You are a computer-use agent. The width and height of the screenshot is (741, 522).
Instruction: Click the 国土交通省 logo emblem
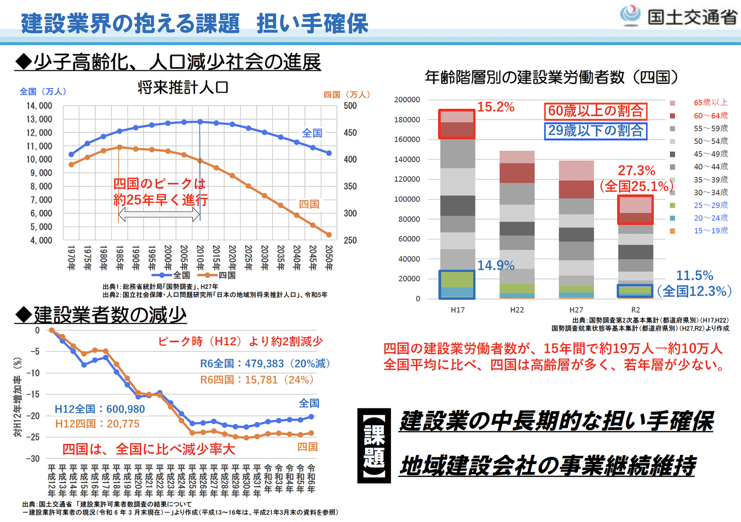(x=630, y=16)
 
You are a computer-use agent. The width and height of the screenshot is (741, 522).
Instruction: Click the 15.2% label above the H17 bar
(x=496, y=107)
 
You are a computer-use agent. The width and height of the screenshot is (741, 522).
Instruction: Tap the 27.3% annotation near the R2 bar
(x=636, y=170)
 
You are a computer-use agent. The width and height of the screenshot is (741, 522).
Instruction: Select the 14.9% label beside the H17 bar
(x=496, y=266)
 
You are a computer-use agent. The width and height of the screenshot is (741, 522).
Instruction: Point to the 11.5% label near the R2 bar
(x=694, y=275)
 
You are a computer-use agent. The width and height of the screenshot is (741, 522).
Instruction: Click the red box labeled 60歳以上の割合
(x=595, y=111)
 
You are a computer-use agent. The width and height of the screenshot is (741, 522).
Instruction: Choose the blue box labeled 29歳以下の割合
(x=595, y=131)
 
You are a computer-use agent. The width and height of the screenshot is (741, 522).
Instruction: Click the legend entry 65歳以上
(x=711, y=103)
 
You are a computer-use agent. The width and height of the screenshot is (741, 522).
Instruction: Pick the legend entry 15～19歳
(x=711, y=231)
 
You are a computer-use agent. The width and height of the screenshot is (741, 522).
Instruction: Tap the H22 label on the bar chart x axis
(x=517, y=310)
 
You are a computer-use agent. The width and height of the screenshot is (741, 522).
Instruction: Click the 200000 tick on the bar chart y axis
(x=407, y=100)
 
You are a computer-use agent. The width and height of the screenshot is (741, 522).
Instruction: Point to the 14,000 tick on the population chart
(x=40, y=106)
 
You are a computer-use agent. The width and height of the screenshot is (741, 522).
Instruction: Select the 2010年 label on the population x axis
(x=200, y=258)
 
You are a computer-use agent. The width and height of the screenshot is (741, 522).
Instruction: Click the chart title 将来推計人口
(x=183, y=87)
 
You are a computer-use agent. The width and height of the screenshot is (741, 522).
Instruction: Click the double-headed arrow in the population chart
(x=159, y=214)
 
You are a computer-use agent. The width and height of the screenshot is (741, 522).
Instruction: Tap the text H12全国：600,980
(x=100, y=409)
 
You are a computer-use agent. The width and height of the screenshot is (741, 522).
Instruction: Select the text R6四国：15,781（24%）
(x=256, y=380)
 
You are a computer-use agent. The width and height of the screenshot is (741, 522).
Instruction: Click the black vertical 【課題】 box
(x=374, y=445)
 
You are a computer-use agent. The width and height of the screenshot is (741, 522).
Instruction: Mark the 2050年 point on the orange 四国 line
(x=329, y=235)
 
